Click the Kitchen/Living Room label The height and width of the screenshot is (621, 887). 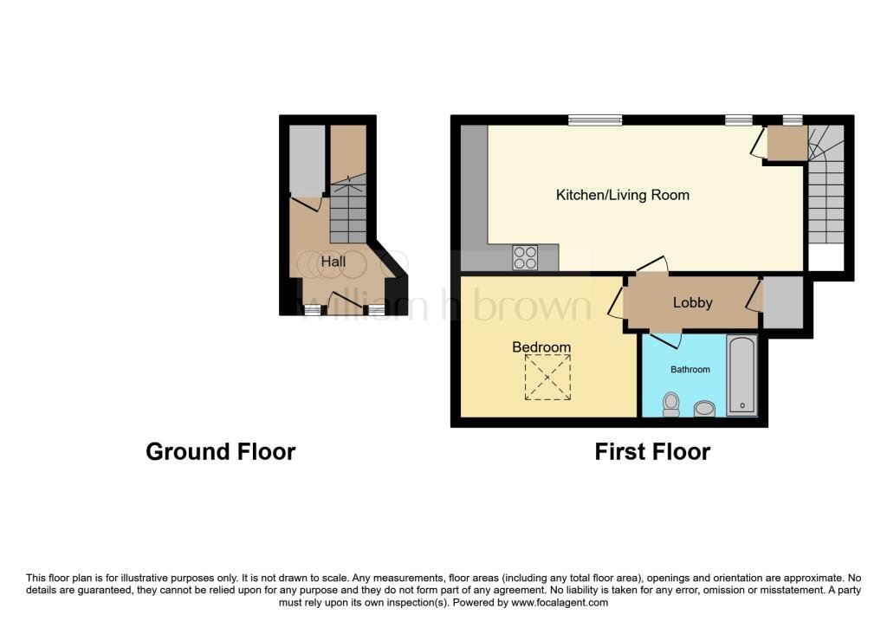point(622,195)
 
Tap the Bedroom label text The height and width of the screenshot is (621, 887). point(541,346)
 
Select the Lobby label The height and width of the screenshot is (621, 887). point(692,302)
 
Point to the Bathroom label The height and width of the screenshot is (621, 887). point(690,369)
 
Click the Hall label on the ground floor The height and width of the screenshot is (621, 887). point(333,262)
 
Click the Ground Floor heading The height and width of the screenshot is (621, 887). point(221,452)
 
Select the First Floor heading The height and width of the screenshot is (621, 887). point(652,452)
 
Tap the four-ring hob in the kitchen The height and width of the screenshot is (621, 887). point(525,257)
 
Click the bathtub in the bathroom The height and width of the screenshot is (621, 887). point(741,376)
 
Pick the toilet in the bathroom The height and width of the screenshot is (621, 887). point(671,404)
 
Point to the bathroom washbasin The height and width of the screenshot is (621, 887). point(704,408)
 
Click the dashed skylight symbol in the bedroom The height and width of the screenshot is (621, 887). point(547,378)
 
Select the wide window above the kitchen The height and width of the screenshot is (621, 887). point(595,120)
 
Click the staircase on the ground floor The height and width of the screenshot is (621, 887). point(348,210)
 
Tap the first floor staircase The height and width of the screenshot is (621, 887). point(825,184)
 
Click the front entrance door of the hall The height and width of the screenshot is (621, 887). point(345,300)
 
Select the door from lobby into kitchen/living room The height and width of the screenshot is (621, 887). point(651,265)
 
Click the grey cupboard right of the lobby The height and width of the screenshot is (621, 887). point(783,302)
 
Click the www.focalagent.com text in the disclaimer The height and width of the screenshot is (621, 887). point(560,603)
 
